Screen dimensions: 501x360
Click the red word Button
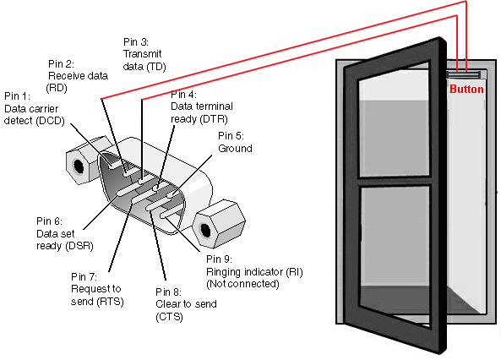[x=466, y=89]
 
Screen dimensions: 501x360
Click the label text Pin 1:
[x=17, y=96]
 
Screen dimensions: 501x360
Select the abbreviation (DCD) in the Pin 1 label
[x=50, y=121]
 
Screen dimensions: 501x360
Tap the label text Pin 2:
[x=61, y=64]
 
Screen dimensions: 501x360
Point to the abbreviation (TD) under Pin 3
[x=156, y=67]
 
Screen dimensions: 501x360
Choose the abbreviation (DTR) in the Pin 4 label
[x=214, y=119]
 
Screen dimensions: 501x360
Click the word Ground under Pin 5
[x=235, y=149]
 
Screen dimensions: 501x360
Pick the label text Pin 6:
[x=49, y=221]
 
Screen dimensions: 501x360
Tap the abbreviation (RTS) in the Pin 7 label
[x=110, y=302]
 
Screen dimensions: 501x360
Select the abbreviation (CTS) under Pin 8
[x=169, y=317]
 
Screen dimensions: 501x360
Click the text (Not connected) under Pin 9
[x=242, y=284]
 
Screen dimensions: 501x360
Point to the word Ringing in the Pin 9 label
[x=224, y=272]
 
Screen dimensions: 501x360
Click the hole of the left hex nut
[x=79, y=166]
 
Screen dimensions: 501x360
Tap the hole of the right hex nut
[x=205, y=230]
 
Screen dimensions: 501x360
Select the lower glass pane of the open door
[x=395, y=253]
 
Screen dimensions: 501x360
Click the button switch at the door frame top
[x=464, y=75]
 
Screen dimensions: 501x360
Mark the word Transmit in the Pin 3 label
[x=143, y=54]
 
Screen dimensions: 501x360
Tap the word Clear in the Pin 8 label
[x=167, y=304]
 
